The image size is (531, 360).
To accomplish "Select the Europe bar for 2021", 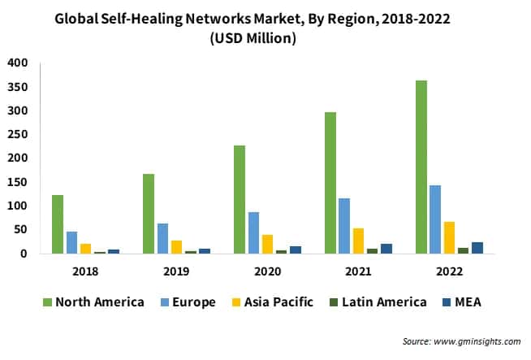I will click(344, 226).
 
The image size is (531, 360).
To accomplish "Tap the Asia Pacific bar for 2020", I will click(267, 244).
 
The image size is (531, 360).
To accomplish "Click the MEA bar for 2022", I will click(477, 248).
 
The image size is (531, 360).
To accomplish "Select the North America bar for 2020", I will click(240, 199).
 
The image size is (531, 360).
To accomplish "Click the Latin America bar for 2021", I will click(372, 251).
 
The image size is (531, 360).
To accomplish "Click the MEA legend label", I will click(468, 302).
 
